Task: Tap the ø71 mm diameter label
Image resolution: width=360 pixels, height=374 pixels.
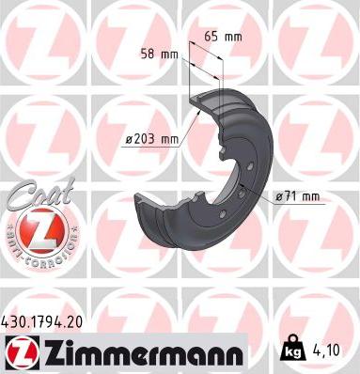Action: tap(298, 195)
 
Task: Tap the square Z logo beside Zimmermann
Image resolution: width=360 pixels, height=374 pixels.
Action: tap(20, 352)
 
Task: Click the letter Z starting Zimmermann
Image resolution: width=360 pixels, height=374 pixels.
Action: tap(50, 352)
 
